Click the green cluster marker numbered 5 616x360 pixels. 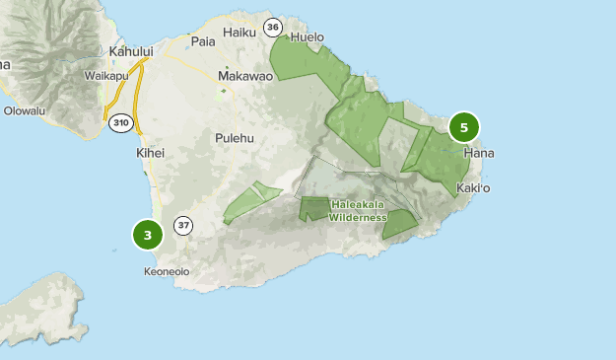463,127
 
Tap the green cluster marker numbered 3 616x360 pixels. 147,235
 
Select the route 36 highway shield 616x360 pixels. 272,27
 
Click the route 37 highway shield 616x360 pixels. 183,226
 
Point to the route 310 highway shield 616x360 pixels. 120,122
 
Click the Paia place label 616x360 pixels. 203,41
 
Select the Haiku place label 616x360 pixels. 240,33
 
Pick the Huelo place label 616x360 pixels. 308,37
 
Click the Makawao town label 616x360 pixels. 244,75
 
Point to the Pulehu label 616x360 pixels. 236,138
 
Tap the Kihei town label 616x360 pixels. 150,154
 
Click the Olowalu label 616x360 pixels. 25,110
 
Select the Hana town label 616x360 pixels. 478,154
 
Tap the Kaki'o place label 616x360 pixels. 474,187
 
